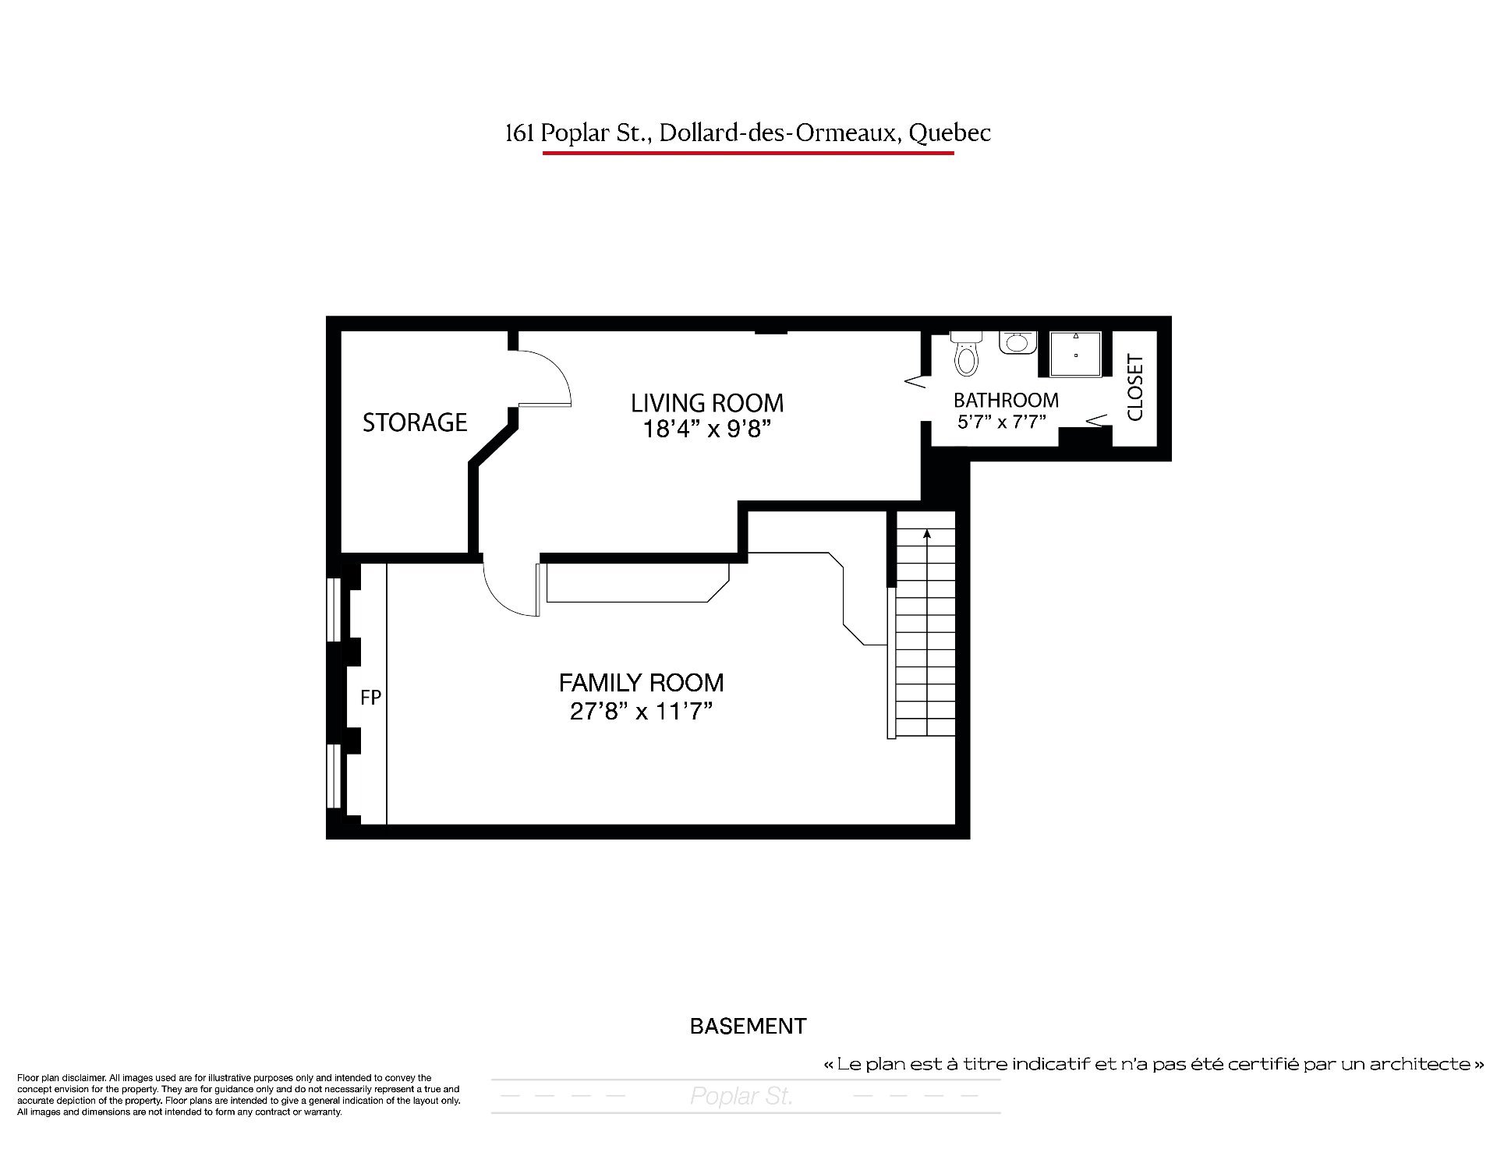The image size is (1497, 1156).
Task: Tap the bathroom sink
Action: point(1017,342)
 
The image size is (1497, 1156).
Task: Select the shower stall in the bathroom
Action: point(1075,355)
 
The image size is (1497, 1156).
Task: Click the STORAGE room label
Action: point(415,422)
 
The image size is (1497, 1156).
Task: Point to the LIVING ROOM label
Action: point(707,403)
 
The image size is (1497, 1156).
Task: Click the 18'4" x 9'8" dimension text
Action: point(707,430)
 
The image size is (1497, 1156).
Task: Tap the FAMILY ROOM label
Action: point(642,683)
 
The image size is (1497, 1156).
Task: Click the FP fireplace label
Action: point(370,697)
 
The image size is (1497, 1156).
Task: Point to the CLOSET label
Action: point(1135,387)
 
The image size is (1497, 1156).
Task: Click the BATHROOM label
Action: point(1006,401)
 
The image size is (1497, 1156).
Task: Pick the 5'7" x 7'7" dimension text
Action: point(1001,422)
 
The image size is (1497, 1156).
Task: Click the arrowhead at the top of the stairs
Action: point(927,535)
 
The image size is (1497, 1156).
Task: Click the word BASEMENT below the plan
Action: point(748,1026)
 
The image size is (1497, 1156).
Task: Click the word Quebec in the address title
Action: point(950,133)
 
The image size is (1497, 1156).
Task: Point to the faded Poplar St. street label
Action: point(741,1097)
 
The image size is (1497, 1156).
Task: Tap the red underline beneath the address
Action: point(748,153)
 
